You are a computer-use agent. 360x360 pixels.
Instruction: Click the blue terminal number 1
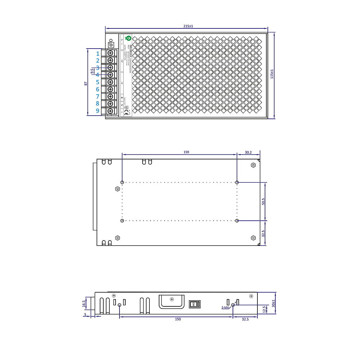click(x=98, y=53)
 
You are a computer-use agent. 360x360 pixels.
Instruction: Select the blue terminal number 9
click(x=98, y=111)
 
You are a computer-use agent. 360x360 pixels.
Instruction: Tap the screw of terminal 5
click(x=111, y=82)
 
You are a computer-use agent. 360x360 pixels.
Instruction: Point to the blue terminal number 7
click(x=98, y=96)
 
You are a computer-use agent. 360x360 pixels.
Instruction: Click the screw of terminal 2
click(x=111, y=60)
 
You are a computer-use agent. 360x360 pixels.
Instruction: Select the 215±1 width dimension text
click(x=188, y=26)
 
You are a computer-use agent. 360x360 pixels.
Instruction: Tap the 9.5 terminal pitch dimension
click(x=92, y=71)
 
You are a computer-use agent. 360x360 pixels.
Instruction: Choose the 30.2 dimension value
click(x=248, y=152)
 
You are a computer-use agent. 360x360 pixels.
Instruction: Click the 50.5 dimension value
click(x=263, y=202)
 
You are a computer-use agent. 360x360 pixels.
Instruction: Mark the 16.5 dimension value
click(x=84, y=304)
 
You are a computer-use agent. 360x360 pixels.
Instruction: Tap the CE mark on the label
click(x=126, y=111)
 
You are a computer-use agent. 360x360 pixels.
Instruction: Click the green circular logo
click(x=129, y=38)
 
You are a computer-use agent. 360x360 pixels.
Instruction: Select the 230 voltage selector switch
click(x=194, y=304)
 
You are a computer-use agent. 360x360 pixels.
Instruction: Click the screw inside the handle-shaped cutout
click(x=172, y=300)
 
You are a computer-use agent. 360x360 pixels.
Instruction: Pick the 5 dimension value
click(x=85, y=314)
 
